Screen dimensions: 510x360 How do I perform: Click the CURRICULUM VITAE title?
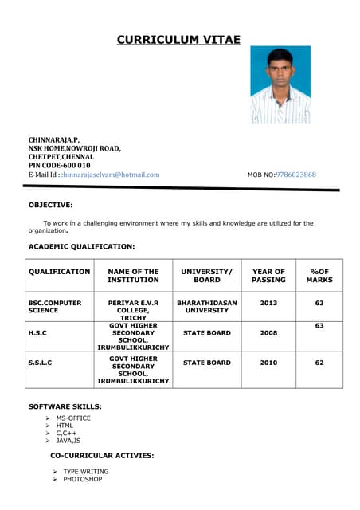coord(178,39)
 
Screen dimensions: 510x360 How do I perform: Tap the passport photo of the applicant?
coord(280,84)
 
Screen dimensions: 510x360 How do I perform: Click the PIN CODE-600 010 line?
coord(60,165)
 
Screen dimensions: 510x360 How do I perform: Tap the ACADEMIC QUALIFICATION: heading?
coord(82,247)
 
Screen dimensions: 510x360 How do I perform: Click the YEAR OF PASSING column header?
coord(268,276)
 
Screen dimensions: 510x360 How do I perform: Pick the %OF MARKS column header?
coord(319,276)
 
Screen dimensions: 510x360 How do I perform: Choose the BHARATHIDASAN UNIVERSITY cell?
coord(207,307)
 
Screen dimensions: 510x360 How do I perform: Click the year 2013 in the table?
coord(268,304)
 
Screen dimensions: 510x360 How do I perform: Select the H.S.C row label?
coord(37,332)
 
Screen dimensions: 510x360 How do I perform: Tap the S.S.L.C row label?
coord(41,363)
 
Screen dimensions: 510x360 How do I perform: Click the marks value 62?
coord(319,363)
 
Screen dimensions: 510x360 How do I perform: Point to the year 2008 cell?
coord(268,333)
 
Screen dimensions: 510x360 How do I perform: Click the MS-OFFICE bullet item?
coord(73,418)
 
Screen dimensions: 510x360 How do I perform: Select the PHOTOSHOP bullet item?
coord(83,480)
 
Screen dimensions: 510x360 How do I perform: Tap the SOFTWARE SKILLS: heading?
coord(65,406)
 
